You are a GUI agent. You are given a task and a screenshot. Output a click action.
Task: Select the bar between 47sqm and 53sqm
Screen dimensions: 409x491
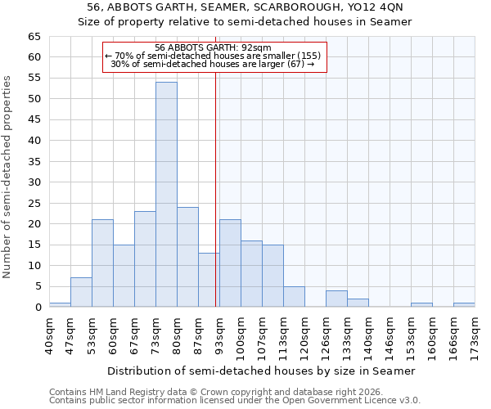81,292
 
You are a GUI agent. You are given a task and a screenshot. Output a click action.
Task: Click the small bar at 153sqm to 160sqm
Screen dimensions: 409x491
421,305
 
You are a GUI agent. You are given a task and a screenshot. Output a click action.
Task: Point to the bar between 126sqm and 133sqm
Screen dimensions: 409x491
336,299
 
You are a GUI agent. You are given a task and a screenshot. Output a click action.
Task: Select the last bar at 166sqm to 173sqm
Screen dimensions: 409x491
464,305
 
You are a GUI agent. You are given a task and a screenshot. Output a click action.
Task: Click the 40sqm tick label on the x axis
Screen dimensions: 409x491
50,334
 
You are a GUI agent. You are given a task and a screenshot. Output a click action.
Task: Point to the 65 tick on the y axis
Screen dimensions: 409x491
34,37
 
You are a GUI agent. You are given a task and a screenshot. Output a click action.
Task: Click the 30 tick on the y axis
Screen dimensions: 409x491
34,182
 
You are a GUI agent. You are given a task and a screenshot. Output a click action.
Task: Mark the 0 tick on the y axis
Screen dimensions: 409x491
38,308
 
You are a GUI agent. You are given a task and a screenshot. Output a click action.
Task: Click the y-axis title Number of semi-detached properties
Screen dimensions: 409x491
7,177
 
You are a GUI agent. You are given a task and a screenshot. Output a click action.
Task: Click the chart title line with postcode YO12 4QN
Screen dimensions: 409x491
245,7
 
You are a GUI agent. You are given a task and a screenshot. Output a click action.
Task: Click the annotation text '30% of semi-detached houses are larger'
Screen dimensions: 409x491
213,64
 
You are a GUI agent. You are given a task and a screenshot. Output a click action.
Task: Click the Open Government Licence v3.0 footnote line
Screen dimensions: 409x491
235,400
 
